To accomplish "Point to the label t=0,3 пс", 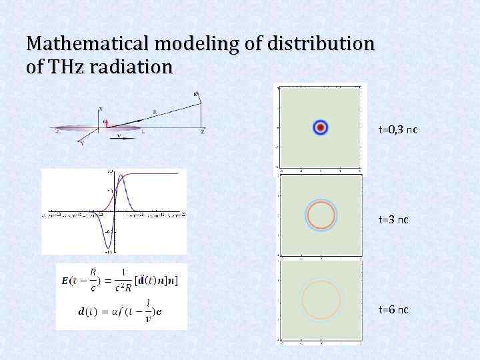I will [398, 128].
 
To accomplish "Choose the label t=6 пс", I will [393, 309].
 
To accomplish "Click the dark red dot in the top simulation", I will [321, 127].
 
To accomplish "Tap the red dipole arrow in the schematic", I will [106, 124].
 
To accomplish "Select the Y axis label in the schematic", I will [81, 143].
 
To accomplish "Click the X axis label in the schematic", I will [101, 109].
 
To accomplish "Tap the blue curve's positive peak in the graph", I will [122, 175].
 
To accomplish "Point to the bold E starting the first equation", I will [65, 281].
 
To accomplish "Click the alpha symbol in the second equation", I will [100, 312].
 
